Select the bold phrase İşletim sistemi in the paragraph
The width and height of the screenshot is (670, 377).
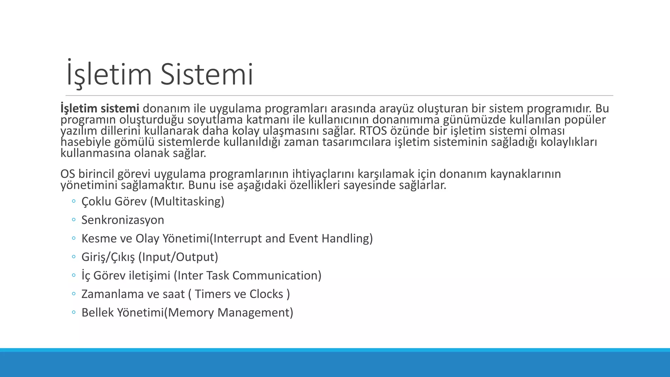point(100,108)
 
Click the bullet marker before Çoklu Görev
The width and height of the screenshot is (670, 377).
point(74,201)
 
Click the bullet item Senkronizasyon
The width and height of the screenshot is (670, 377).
point(123,220)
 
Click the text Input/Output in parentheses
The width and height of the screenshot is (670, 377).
point(178,257)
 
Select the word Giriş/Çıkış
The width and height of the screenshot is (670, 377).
point(108,257)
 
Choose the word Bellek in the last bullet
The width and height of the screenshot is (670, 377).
point(97,313)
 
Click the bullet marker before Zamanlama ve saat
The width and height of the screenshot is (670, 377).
point(74,294)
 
